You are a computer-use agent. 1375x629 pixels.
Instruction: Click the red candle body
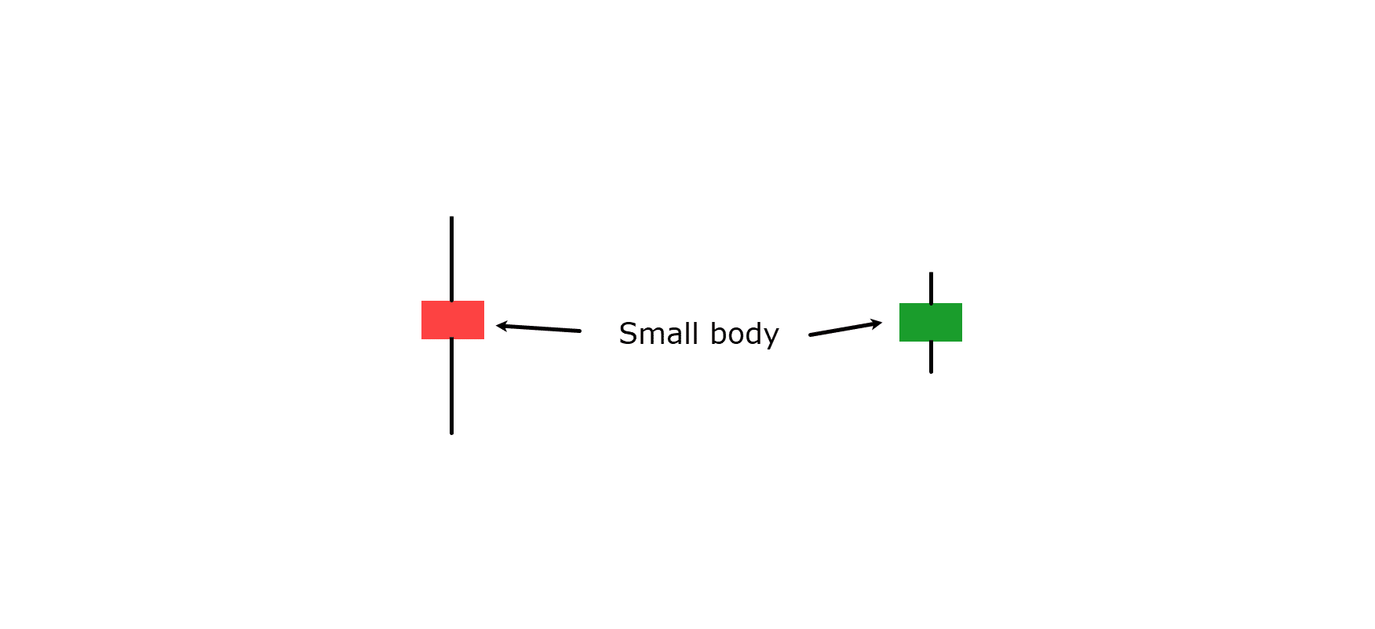point(453,320)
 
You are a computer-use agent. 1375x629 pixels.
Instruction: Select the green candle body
point(931,322)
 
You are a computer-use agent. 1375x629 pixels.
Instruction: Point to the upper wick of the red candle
point(451,259)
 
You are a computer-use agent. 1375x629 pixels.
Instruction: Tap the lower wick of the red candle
point(451,386)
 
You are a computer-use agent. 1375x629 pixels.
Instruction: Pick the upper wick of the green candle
point(931,288)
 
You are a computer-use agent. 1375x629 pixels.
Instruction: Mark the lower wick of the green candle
point(931,357)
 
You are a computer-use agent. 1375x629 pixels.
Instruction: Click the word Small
point(658,334)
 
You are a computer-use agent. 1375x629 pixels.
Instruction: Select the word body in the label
point(744,335)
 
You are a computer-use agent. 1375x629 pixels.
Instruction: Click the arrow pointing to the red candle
point(538,328)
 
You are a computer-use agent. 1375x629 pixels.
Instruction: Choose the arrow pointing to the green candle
point(845,328)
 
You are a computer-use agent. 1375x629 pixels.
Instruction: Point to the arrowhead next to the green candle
point(876,323)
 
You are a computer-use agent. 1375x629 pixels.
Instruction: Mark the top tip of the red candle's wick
point(451,218)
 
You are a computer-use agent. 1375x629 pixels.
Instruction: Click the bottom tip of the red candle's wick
point(451,433)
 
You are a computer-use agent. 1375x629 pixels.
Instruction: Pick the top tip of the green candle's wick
point(931,273)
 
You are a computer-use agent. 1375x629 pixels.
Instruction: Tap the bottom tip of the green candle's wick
point(931,372)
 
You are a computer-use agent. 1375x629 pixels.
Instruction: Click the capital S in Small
point(628,334)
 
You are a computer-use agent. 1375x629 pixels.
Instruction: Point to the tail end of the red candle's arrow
point(580,331)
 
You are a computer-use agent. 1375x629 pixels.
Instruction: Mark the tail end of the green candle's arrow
point(810,335)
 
